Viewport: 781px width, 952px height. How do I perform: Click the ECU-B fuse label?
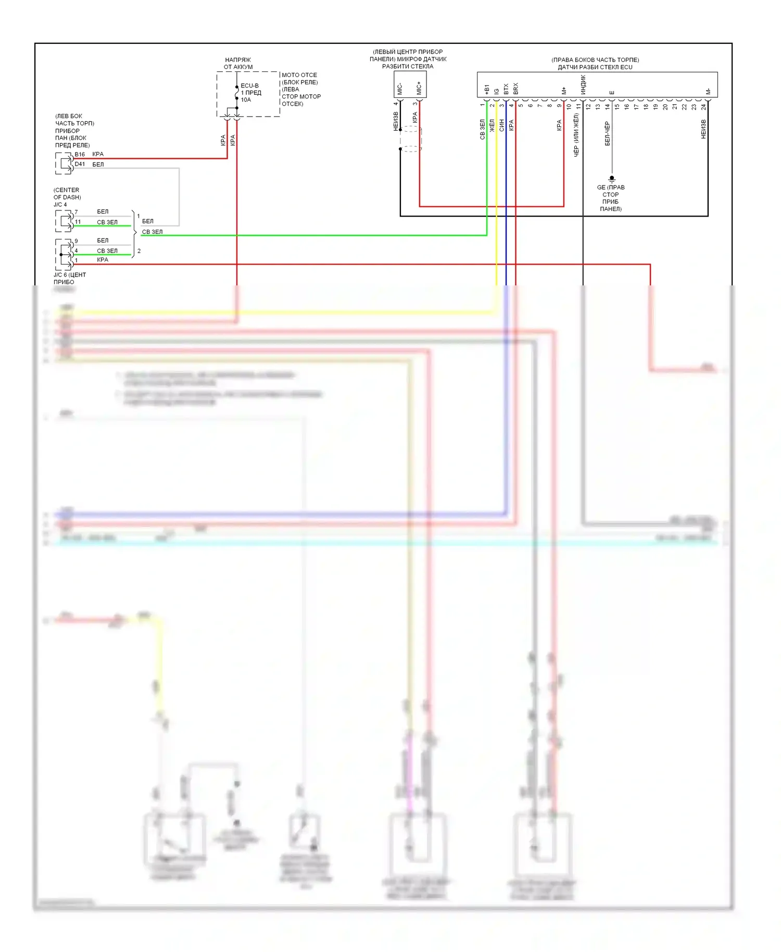click(x=249, y=85)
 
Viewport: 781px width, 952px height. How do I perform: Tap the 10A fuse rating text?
click(x=246, y=100)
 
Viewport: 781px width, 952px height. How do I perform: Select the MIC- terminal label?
click(x=400, y=89)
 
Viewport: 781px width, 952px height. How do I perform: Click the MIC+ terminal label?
click(x=419, y=88)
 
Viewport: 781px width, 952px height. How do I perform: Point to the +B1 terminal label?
click(x=487, y=90)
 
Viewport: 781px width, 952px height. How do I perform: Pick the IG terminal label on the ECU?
click(x=497, y=91)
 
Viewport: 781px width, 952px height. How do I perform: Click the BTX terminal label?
click(x=506, y=89)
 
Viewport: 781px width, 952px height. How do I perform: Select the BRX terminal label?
click(x=515, y=89)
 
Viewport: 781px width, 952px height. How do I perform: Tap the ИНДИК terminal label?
click(x=583, y=84)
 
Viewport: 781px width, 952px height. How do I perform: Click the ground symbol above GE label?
click(x=612, y=179)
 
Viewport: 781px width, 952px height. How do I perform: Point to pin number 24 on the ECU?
click(x=703, y=107)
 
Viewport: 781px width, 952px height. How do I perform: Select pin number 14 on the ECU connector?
click(x=607, y=107)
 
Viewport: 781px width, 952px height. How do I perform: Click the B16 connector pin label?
click(x=80, y=154)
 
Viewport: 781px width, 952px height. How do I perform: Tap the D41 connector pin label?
click(x=80, y=164)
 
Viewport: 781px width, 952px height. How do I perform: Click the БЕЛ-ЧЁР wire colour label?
click(x=607, y=133)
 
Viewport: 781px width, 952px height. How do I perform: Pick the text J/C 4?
click(x=60, y=205)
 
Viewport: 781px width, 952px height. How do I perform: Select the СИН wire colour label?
click(x=501, y=125)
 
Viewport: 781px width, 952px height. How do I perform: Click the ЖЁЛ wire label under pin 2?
click(x=492, y=125)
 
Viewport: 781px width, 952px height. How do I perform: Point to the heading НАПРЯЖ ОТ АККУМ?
click(x=238, y=63)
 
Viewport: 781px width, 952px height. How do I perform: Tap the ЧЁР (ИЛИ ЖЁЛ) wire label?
click(x=576, y=135)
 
